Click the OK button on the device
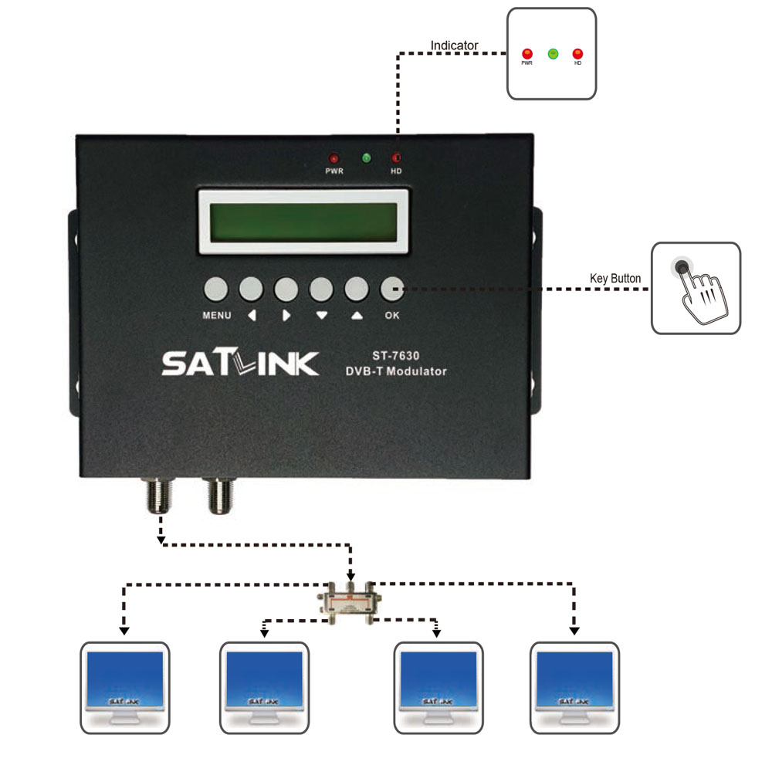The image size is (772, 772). (x=392, y=289)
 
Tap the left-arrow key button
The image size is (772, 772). (x=251, y=289)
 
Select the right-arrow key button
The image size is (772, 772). (x=286, y=289)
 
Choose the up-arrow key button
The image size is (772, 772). (x=357, y=289)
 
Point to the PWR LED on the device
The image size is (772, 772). (x=334, y=158)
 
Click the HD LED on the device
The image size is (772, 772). (x=396, y=158)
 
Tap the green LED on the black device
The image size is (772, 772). (x=366, y=158)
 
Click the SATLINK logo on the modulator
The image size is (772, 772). (x=239, y=362)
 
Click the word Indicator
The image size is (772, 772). (x=454, y=46)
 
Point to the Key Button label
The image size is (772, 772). (x=615, y=279)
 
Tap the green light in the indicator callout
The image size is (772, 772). (x=553, y=53)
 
